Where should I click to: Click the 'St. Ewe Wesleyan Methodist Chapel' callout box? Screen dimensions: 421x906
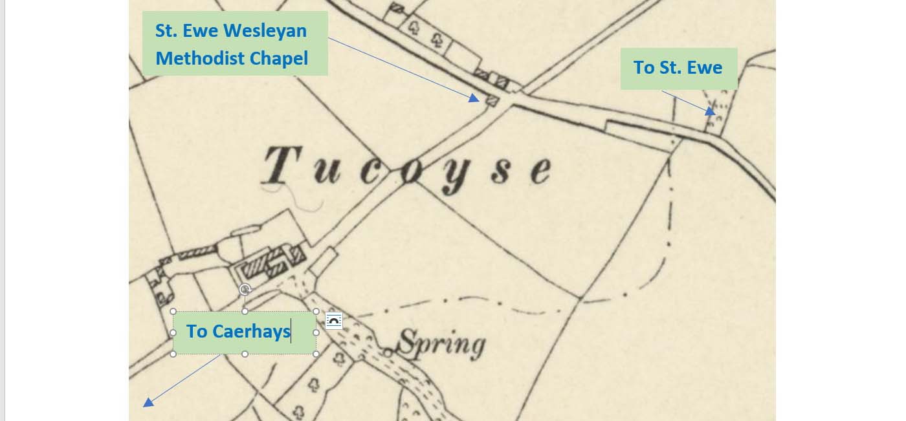click(x=235, y=43)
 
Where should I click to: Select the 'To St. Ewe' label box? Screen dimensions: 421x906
click(x=678, y=68)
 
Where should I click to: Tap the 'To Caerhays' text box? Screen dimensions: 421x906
click(x=245, y=332)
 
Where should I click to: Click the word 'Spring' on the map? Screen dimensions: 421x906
click(x=441, y=344)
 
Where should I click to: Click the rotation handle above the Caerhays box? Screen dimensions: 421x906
click(x=245, y=289)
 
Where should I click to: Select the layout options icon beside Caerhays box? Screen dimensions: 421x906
click(x=334, y=321)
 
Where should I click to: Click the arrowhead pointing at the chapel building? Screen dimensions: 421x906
click(x=475, y=98)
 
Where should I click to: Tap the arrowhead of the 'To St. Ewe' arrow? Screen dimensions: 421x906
click(x=711, y=111)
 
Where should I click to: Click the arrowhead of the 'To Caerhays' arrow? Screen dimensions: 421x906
click(x=148, y=403)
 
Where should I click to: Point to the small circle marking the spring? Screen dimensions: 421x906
click(x=387, y=352)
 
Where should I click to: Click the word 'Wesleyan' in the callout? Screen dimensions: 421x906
click(x=265, y=30)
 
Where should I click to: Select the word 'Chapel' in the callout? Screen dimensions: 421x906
click(x=280, y=58)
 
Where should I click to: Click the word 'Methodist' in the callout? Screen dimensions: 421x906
click(x=201, y=58)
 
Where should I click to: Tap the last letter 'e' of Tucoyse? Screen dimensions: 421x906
click(x=538, y=169)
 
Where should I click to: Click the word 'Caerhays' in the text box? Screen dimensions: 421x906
click(x=251, y=332)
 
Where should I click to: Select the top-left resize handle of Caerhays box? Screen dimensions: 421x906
click(x=173, y=311)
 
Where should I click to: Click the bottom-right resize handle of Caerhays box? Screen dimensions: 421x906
click(x=316, y=354)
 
